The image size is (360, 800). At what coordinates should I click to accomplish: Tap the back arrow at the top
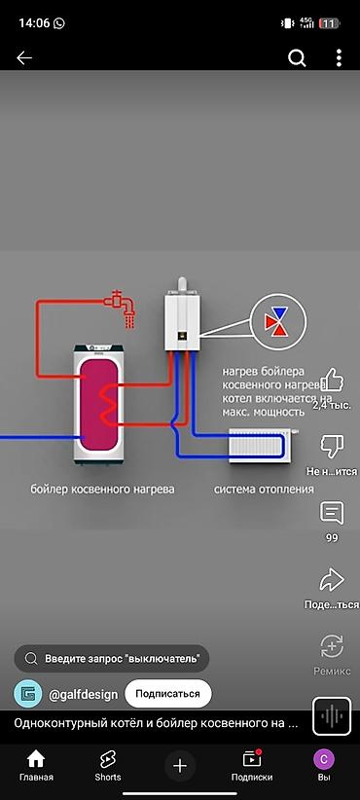click(24, 58)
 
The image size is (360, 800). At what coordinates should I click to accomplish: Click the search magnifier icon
click(297, 58)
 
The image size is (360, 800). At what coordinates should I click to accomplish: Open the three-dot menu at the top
click(338, 58)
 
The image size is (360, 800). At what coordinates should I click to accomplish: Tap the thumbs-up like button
click(332, 380)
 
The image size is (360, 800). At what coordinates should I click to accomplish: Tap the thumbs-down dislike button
click(332, 447)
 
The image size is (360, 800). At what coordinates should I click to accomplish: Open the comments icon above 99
click(332, 513)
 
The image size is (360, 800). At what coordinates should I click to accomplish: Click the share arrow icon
click(332, 580)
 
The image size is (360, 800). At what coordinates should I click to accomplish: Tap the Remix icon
click(332, 646)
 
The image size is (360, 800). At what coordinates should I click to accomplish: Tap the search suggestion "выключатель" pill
click(112, 658)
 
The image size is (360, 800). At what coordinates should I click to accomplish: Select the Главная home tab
click(36, 765)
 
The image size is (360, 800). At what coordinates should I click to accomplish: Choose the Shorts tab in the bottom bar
click(108, 765)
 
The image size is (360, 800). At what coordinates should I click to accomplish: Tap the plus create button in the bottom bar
click(180, 766)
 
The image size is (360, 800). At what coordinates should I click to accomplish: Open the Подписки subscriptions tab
click(251, 765)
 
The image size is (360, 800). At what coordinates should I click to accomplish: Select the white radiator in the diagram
click(259, 446)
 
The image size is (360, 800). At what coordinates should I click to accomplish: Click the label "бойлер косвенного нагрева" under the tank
click(102, 490)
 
